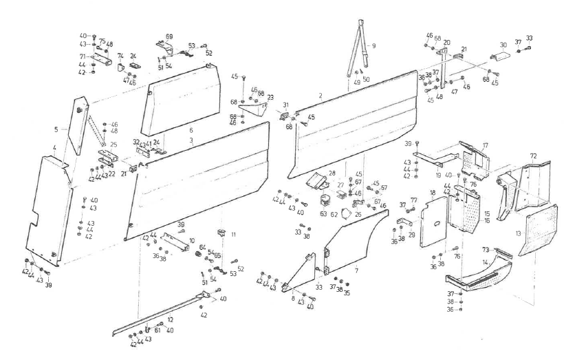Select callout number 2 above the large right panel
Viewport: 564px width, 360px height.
pyautogui.click(x=321, y=94)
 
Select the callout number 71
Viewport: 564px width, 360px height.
pyautogui.click(x=81, y=57)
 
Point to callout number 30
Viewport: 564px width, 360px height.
pyautogui.click(x=503, y=45)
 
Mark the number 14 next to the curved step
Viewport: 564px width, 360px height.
pyautogui.click(x=486, y=263)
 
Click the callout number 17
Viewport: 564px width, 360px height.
pyautogui.click(x=485, y=145)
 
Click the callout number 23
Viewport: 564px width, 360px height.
pyautogui.click(x=270, y=96)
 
